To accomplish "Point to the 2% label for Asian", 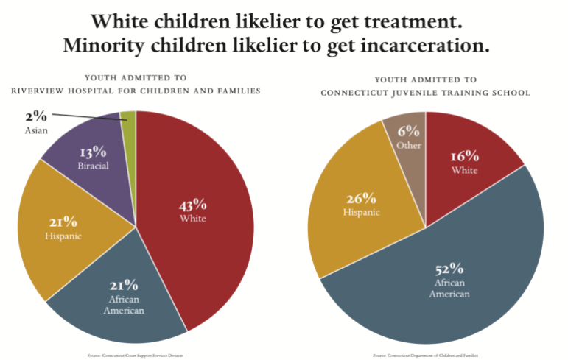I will click(35, 116).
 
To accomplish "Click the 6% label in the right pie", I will click(409, 132).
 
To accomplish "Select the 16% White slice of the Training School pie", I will click(471, 147).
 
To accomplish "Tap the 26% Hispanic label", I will click(361, 198).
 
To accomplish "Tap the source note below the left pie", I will click(135, 355).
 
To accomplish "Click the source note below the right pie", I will click(425, 355).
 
